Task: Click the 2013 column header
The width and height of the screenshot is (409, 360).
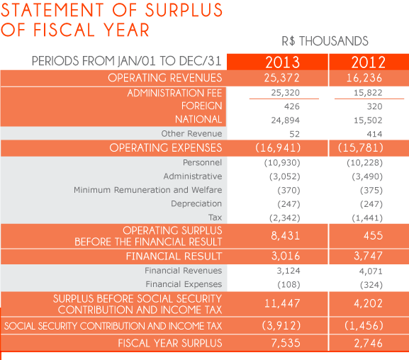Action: click(283, 62)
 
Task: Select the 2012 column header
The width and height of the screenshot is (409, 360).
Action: click(368, 62)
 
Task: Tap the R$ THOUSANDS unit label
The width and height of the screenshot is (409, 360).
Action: click(325, 41)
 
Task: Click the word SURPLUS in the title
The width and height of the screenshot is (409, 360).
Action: click(184, 10)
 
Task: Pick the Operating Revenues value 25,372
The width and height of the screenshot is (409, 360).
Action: click(281, 78)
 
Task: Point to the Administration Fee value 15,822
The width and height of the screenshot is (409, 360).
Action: click(368, 93)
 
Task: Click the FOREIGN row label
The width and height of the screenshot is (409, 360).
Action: click(201, 106)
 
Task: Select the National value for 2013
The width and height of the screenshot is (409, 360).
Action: click(286, 120)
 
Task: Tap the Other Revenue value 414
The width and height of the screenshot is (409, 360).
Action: click(374, 134)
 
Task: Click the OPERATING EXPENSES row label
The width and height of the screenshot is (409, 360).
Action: click(166, 147)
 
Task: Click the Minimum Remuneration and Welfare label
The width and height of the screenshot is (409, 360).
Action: click(147, 190)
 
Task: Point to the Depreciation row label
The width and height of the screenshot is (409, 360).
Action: click(196, 203)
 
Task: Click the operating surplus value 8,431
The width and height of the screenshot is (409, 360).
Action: click(286, 235)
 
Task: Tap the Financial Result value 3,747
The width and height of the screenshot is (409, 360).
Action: click(368, 256)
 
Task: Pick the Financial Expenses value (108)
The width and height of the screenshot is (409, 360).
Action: click(288, 284)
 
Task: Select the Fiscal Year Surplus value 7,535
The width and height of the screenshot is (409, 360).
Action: click(286, 343)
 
